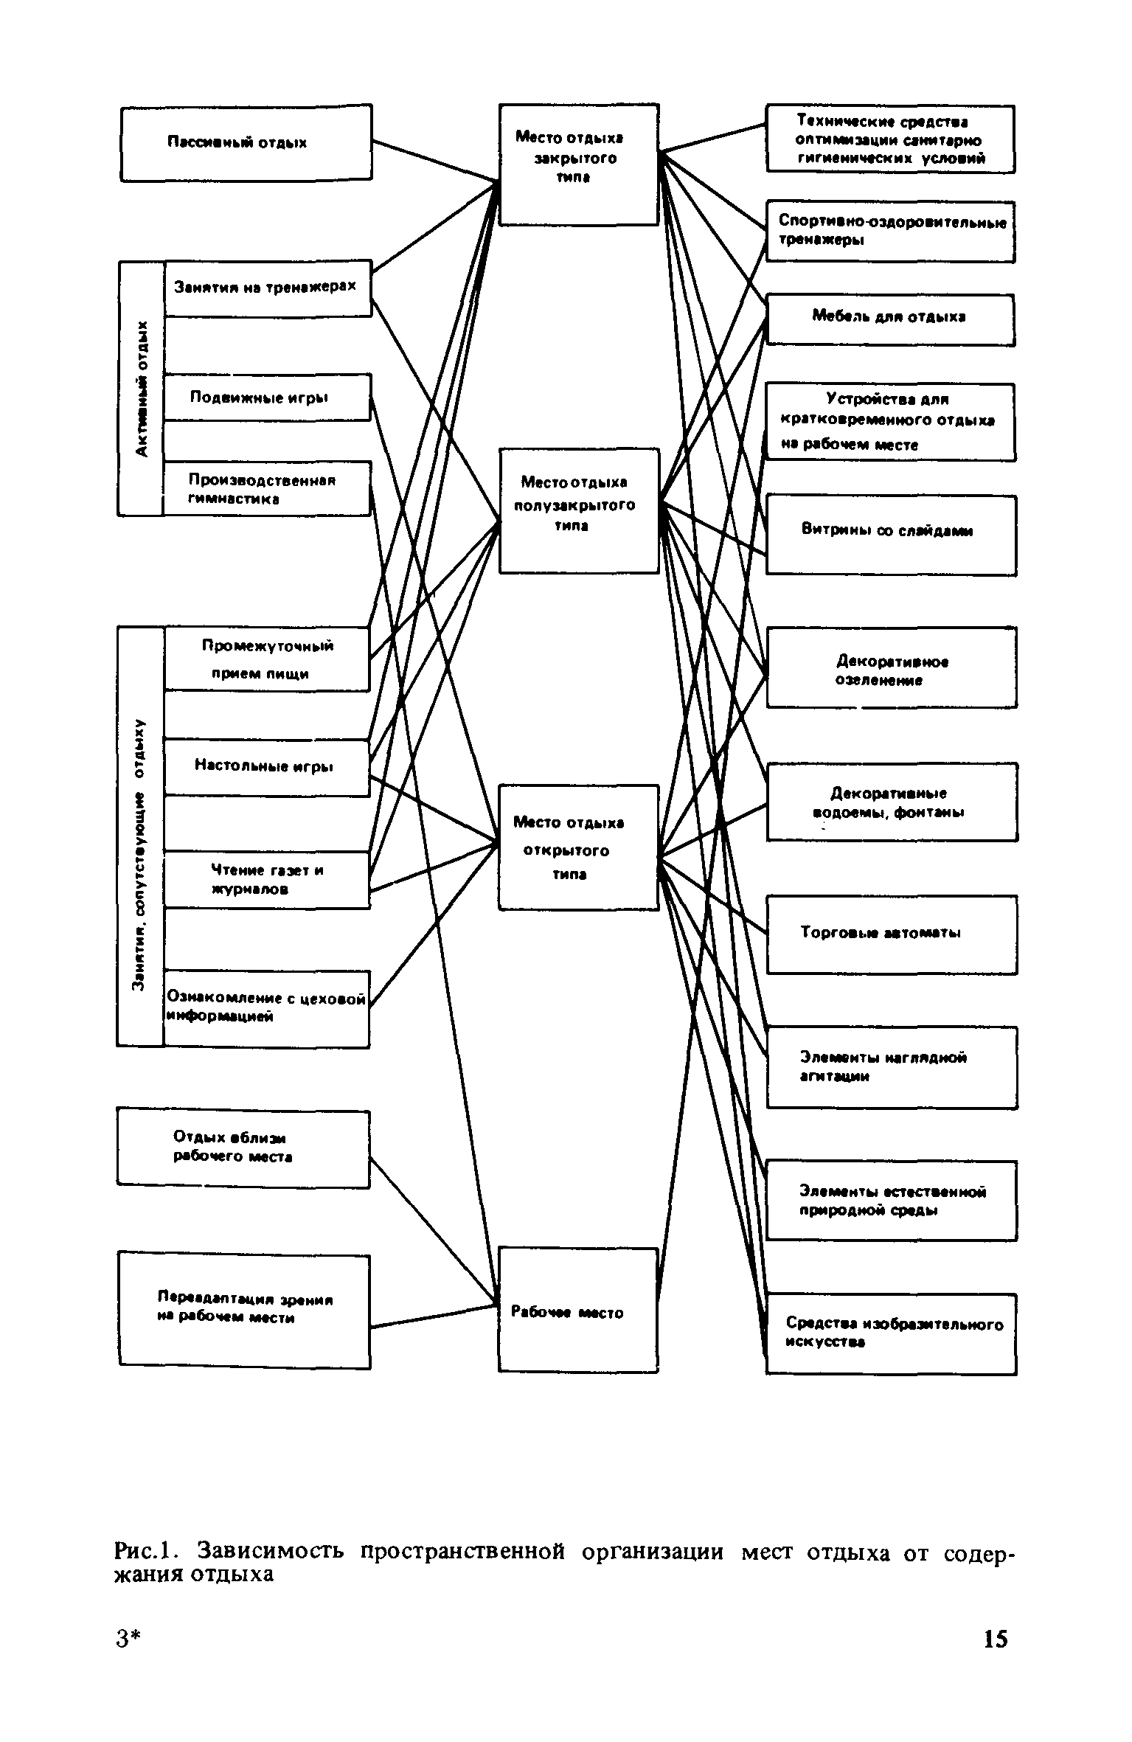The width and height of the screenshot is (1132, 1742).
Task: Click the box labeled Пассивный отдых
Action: coord(246,142)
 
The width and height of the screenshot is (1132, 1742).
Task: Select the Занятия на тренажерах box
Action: coord(267,288)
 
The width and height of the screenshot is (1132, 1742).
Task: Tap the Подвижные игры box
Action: coord(266,398)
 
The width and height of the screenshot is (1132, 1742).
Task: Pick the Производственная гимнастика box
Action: coord(265,488)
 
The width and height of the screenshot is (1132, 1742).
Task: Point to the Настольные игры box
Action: coord(265,766)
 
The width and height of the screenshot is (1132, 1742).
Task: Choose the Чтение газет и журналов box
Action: coord(265,879)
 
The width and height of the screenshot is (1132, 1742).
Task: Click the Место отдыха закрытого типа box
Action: coord(578,164)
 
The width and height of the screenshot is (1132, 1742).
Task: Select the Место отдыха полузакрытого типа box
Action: coord(578,510)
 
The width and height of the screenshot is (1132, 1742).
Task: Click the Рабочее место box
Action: coord(577,1312)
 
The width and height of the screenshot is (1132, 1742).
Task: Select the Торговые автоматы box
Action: coord(892,934)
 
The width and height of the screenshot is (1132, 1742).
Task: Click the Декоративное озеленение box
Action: coord(892,667)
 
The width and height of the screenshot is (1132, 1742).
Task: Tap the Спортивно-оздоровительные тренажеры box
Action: coord(890,230)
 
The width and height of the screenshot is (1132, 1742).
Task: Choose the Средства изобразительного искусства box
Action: coord(891,1333)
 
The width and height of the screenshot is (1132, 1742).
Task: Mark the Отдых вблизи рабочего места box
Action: coord(243,1148)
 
